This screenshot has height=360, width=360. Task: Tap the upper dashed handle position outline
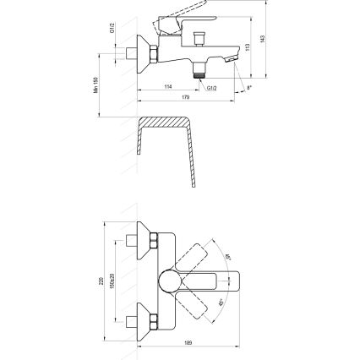coord(200,255)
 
